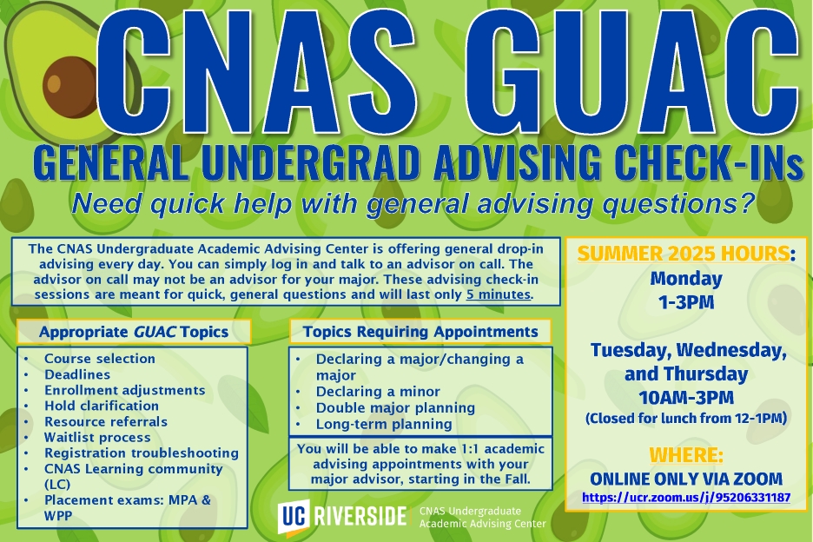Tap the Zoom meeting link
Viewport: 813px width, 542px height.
click(x=686, y=498)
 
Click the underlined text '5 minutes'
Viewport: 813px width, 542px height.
click(x=499, y=294)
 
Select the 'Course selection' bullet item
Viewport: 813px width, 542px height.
click(x=100, y=359)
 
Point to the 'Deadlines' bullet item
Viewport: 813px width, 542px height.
click(x=77, y=374)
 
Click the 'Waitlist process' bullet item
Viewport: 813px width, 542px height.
click(x=97, y=437)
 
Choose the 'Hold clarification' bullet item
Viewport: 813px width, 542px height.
click(x=102, y=406)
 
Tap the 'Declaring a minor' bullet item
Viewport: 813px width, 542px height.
click(x=378, y=391)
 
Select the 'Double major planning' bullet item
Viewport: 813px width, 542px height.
click(x=395, y=407)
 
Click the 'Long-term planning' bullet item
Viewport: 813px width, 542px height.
click(x=384, y=424)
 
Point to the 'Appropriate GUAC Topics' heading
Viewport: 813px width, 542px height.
click(x=134, y=332)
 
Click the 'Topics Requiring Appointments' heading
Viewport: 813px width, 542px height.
click(x=420, y=332)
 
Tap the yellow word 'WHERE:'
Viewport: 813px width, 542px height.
click(x=686, y=455)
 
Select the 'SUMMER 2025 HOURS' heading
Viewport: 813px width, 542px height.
click(x=684, y=254)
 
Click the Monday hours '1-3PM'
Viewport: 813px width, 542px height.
click(x=686, y=302)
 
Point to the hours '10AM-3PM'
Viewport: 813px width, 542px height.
click(x=686, y=398)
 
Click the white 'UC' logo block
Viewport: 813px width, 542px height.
click(x=294, y=516)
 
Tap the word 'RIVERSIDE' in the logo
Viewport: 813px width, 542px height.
click(x=360, y=517)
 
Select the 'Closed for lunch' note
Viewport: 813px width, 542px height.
click(x=686, y=418)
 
